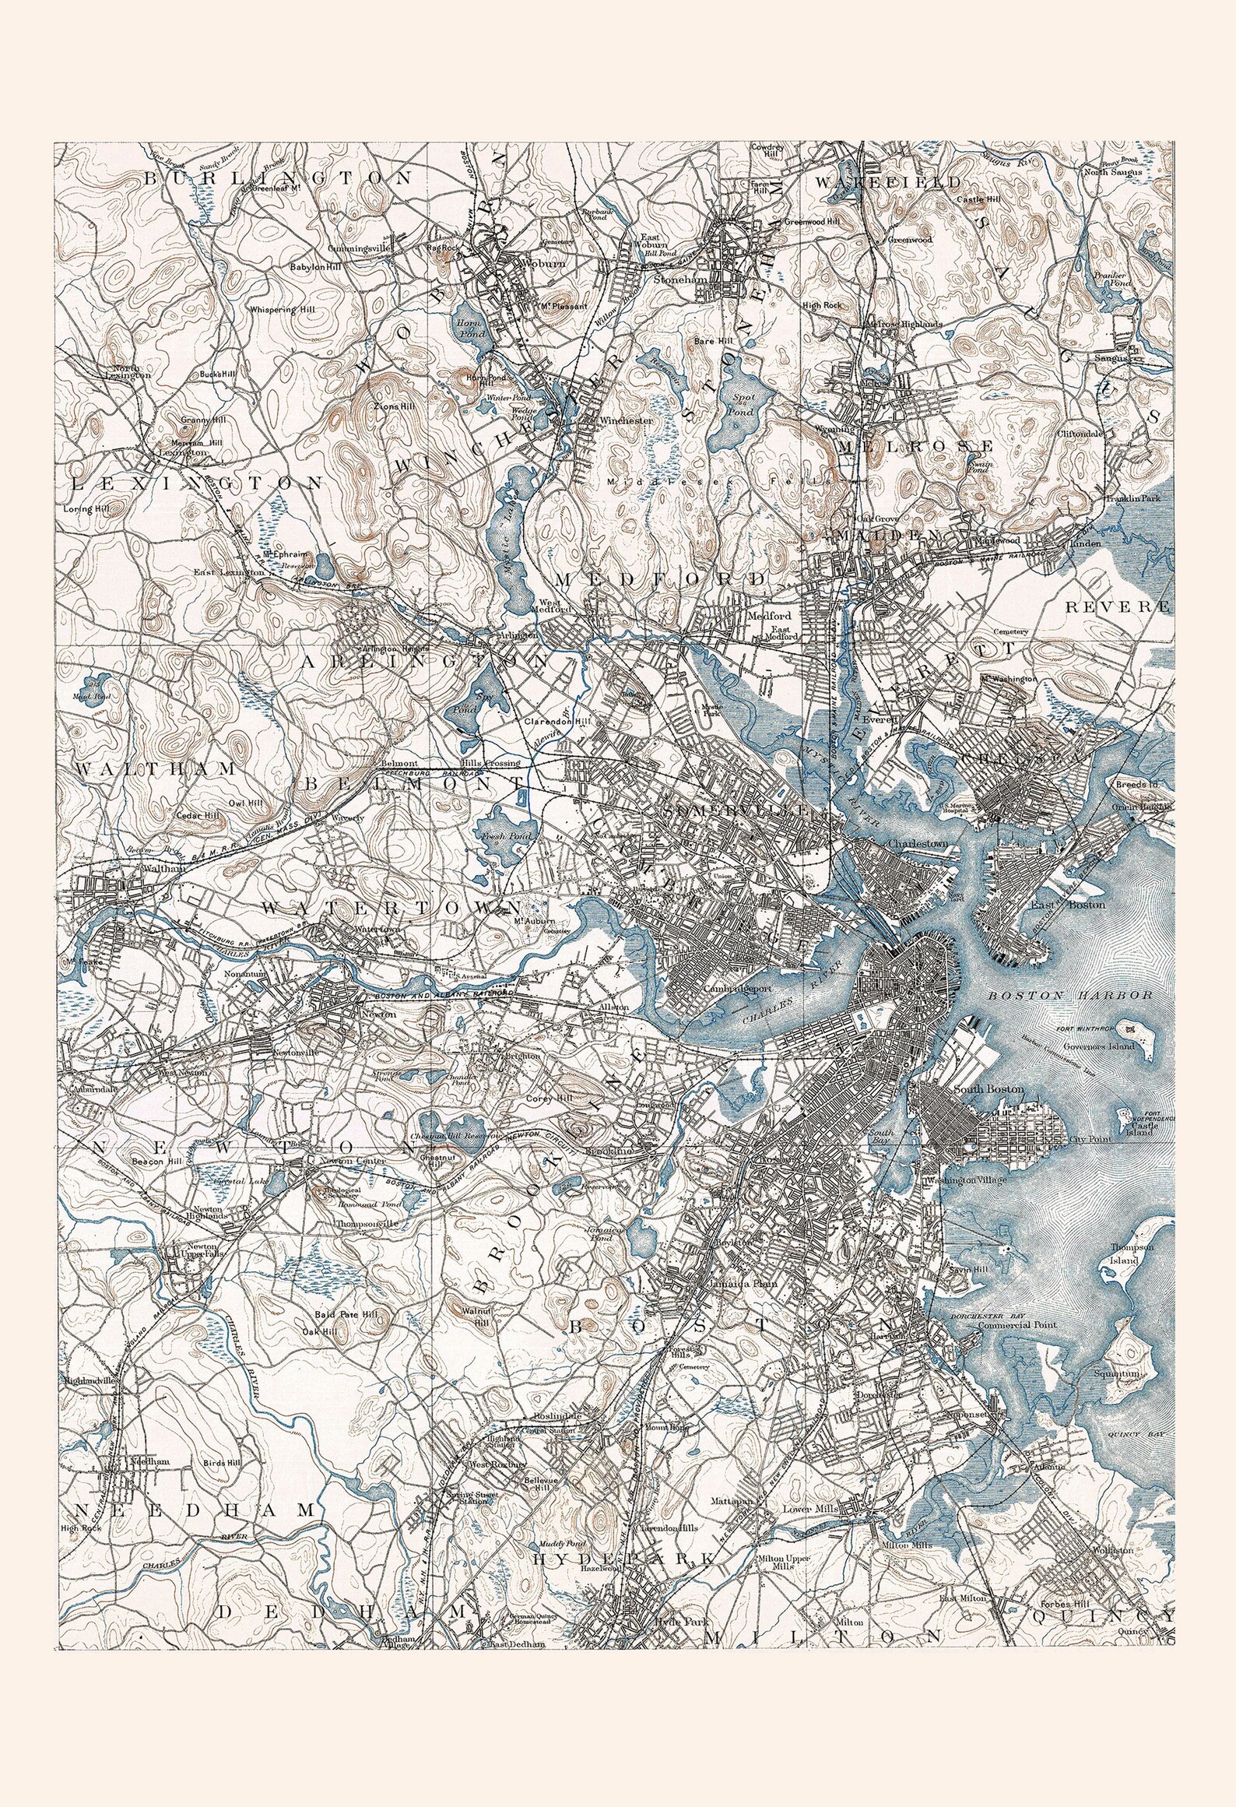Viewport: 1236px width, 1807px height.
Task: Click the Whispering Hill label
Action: point(283,309)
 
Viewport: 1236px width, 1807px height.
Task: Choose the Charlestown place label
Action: point(918,842)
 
